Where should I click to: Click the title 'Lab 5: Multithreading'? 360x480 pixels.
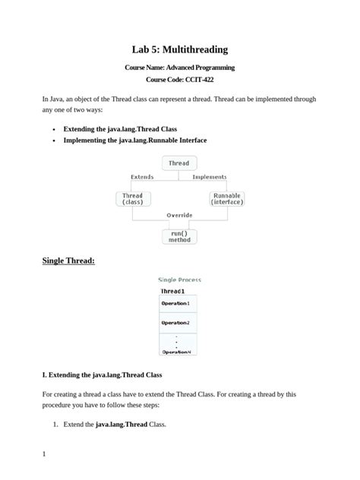point(179,49)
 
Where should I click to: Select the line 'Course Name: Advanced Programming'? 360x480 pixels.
point(179,68)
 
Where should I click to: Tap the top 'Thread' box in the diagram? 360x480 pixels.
point(179,163)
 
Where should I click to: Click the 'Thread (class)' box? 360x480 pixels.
point(133,199)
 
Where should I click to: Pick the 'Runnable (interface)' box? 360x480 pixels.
point(226,199)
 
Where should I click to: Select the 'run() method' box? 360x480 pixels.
point(179,236)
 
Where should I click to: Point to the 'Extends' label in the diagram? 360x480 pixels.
point(142,177)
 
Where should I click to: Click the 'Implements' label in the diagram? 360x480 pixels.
point(210,177)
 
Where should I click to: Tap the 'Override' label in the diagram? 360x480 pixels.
point(179,215)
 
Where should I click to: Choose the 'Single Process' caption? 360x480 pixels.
point(179,279)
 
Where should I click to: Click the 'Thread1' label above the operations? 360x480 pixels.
point(172,291)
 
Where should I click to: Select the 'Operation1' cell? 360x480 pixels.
point(175,304)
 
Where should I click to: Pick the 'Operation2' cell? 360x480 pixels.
point(175,323)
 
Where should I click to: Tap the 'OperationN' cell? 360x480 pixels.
point(175,352)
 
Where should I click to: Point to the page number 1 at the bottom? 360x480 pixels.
point(45,455)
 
